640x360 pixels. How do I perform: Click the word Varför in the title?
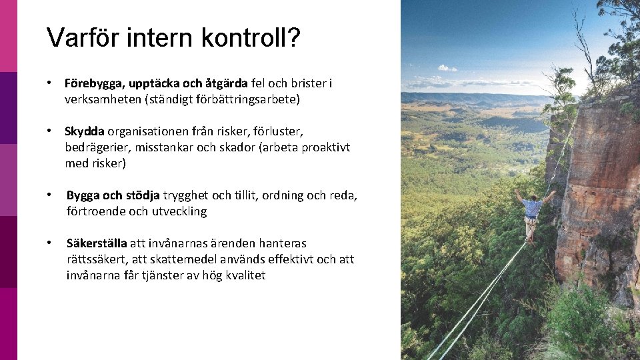78,38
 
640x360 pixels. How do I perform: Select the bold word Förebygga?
93,83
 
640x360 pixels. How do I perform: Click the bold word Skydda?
85,131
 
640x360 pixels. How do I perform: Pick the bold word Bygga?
85,195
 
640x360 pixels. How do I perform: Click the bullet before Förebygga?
49,83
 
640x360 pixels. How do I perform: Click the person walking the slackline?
531,214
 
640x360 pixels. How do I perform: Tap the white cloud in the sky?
447,68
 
